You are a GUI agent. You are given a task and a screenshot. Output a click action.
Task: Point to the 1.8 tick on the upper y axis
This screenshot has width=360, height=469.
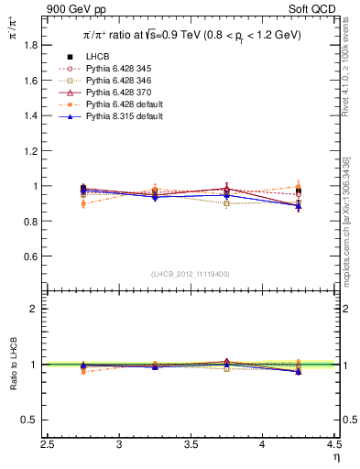click(x=41, y=45)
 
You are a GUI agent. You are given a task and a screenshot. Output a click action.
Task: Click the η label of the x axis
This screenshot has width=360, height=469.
click(x=335, y=456)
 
